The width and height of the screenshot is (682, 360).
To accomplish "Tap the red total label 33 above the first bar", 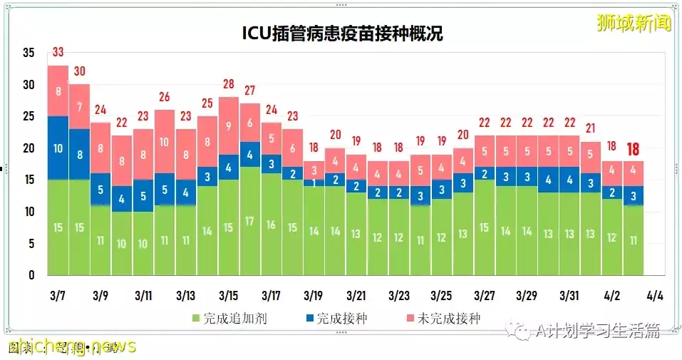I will tap(58, 53).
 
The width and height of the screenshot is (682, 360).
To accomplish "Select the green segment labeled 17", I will tap(249, 220).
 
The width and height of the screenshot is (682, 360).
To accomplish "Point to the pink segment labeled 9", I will tap(228, 125).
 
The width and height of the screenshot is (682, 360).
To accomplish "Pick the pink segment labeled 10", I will tap(165, 141).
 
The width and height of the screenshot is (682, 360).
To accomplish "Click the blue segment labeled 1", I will tap(313, 183).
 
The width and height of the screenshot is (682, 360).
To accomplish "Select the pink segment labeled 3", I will tap(313, 170).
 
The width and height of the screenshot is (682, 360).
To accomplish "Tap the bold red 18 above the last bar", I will tap(634, 149).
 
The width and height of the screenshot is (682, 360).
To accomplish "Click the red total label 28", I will tap(228, 84).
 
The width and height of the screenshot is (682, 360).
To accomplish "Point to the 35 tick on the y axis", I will tap(29, 53).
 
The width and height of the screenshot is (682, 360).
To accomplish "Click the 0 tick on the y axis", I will tap(31, 275).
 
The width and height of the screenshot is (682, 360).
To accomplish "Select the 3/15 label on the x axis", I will tap(228, 295).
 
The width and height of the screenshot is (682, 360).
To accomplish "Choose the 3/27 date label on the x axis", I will tap(484, 295).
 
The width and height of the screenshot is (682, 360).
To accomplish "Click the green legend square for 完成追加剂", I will tap(197, 319).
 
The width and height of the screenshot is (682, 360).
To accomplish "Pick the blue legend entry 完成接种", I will tap(336, 319).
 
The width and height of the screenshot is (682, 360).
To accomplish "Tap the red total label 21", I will tap(590, 128).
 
